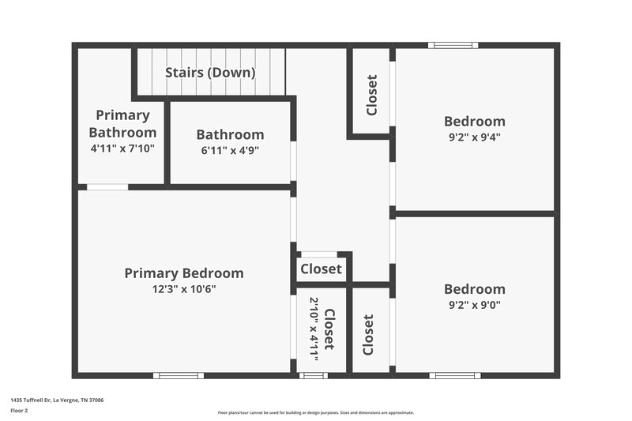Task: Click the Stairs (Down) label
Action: (x=209, y=73)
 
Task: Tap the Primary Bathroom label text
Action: (x=122, y=124)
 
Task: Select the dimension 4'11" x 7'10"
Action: (x=122, y=148)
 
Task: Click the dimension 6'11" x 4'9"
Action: (x=230, y=150)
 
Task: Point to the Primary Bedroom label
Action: (x=183, y=273)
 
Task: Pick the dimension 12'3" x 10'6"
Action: (x=183, y=289)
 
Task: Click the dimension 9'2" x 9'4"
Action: (x=474, y=137)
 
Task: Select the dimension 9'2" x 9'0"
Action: (x=474, y=305)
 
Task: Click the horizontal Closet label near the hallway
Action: (x=322, y=269)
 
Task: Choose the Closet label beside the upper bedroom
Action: (x=371, y=95)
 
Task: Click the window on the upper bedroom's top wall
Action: (x=453, y=45)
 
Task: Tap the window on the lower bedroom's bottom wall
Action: (x=455, y=375)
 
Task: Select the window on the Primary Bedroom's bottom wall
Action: (x=178, y=375)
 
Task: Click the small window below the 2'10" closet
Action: (x=314, y=375)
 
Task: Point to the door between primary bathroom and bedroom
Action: (x=107, y=187)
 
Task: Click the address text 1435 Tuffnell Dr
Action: (x=57, y=400)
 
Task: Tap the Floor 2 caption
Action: (x=20, y=411)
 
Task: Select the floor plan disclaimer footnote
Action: (x=315, y=412)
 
